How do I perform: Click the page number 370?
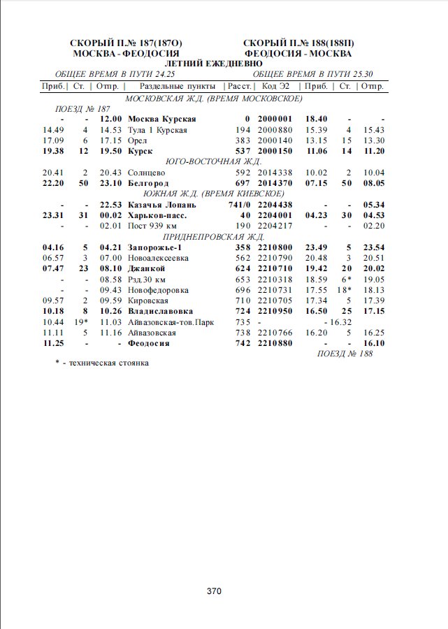tap(214, 591)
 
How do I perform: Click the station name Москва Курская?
tap(162, 119)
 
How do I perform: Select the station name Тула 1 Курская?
tap(157, 130)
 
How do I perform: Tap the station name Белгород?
tap(148, 182)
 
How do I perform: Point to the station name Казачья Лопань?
tap(162, 205)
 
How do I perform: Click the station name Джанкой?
tap(147, 268)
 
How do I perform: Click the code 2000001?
tap(275, 119)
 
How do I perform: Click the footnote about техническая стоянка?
tap(102, 363)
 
